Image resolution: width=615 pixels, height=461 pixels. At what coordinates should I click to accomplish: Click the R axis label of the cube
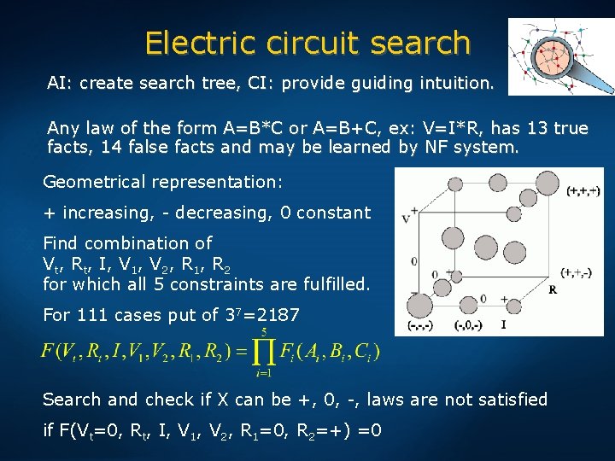coord(553,289)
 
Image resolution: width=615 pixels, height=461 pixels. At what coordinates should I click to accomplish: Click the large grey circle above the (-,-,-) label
coord(420,303)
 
